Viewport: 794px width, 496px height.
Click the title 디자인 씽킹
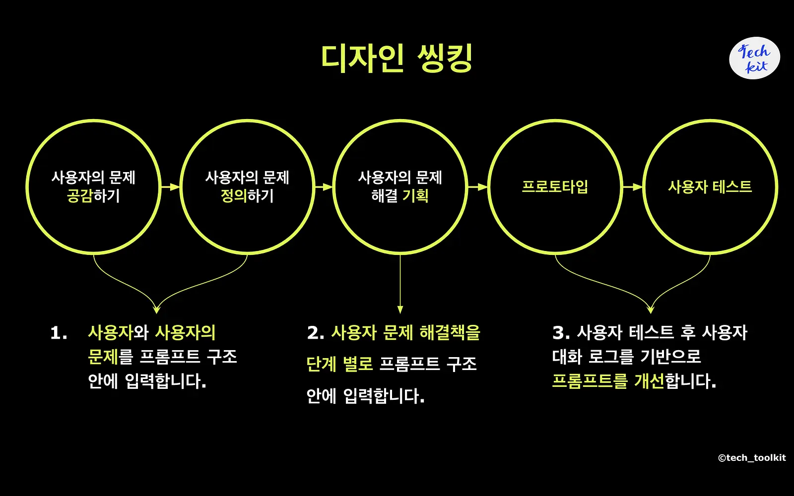coord(397,59)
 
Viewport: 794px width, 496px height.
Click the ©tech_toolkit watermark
coord(752,458)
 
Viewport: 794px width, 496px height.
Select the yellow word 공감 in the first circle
coord(80,196)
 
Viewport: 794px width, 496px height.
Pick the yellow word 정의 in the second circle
coord(234,196)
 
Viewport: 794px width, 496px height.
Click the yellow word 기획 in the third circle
coord(415,196)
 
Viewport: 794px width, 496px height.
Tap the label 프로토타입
coord(555,186)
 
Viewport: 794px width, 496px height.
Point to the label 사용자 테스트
coord(710,186)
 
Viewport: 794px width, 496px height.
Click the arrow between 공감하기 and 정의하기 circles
coord(171,186)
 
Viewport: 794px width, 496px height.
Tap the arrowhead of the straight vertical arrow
coord(400,310)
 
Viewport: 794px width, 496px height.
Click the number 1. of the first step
coord(59,333)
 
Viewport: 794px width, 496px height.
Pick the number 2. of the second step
coord(316,333)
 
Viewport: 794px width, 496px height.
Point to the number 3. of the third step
coord(561,333)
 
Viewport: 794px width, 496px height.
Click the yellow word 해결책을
coord(450,333)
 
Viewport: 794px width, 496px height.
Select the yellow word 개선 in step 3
coord(649,381)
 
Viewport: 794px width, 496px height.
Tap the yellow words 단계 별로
coord(339,364)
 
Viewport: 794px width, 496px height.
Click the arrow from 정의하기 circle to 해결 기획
coord(324,186)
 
